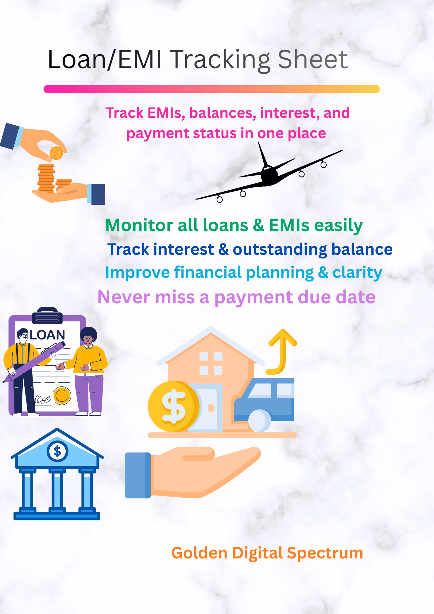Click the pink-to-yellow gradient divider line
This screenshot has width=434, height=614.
212,89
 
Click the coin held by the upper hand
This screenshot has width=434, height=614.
56,153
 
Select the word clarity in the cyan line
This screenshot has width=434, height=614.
357,273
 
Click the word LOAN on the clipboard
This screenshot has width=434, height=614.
48,335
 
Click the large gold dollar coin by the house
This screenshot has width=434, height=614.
173,406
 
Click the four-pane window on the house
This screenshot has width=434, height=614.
211,363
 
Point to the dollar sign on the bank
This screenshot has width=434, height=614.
57,452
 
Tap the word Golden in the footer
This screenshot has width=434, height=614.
199,553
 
